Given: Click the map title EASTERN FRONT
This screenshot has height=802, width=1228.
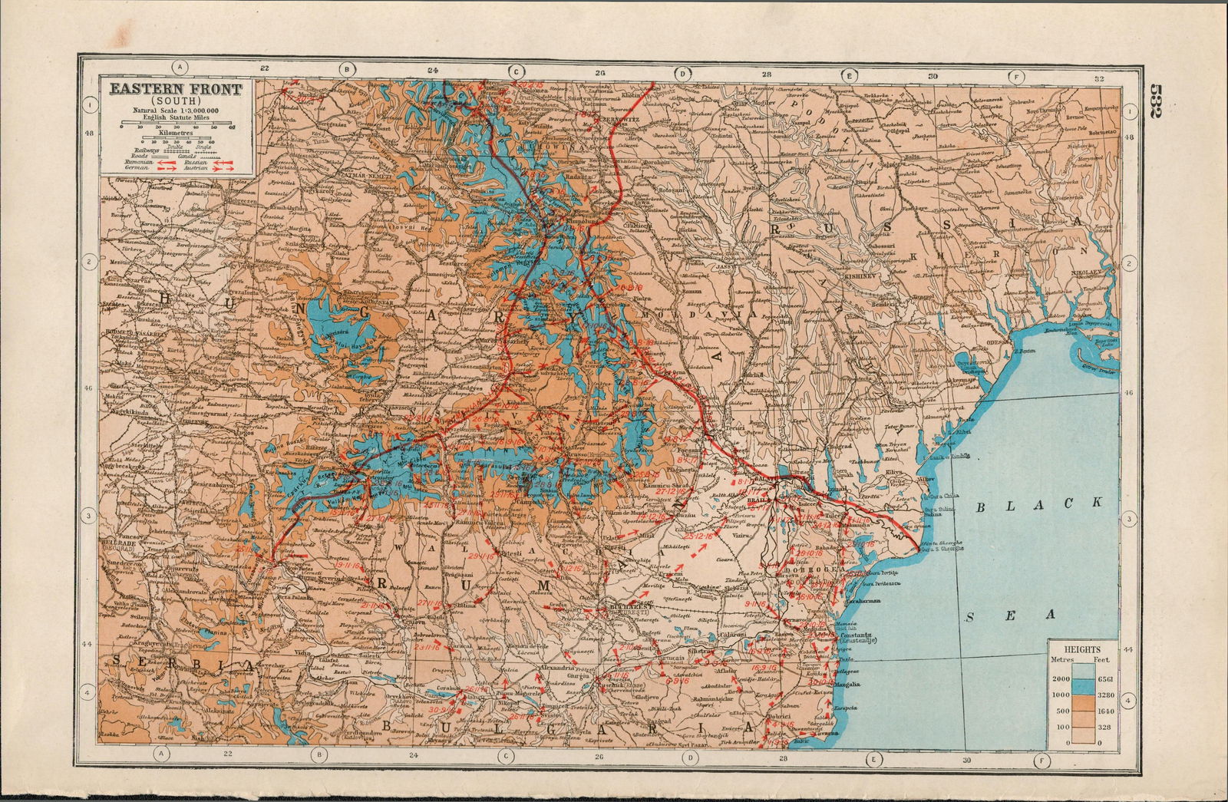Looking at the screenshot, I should click(x=175, y=89).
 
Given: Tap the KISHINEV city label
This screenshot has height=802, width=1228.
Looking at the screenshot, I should click(x=883, y=273).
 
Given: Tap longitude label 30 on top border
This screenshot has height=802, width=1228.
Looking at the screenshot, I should click(x=932, y=78).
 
